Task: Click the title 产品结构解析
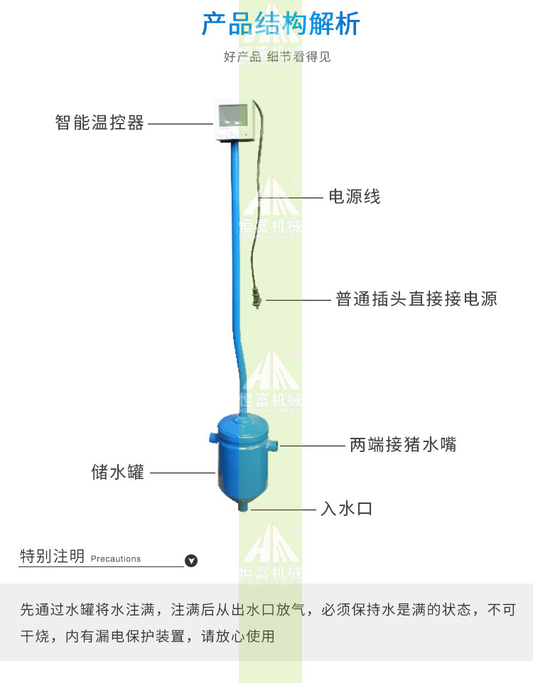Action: click(281, 24)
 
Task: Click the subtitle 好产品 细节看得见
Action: click(277, 57)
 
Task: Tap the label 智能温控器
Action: click(99, 123)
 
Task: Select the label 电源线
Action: click(354, 197)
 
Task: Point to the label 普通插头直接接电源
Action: click(416, 299)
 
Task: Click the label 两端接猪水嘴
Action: click(403, 446)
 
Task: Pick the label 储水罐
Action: click(118, 472)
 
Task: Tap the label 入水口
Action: click(346, 509)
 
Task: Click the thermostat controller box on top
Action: click(235, 121)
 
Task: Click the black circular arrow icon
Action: click(190, 561)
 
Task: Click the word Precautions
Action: click(116, 559)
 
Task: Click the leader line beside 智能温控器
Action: click(181, 124)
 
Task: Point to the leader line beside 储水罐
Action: click(183, 473)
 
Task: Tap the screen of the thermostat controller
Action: click(234, 113)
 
